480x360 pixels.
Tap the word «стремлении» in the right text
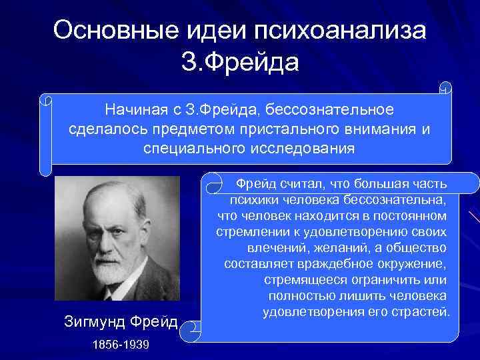click(253, 232)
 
